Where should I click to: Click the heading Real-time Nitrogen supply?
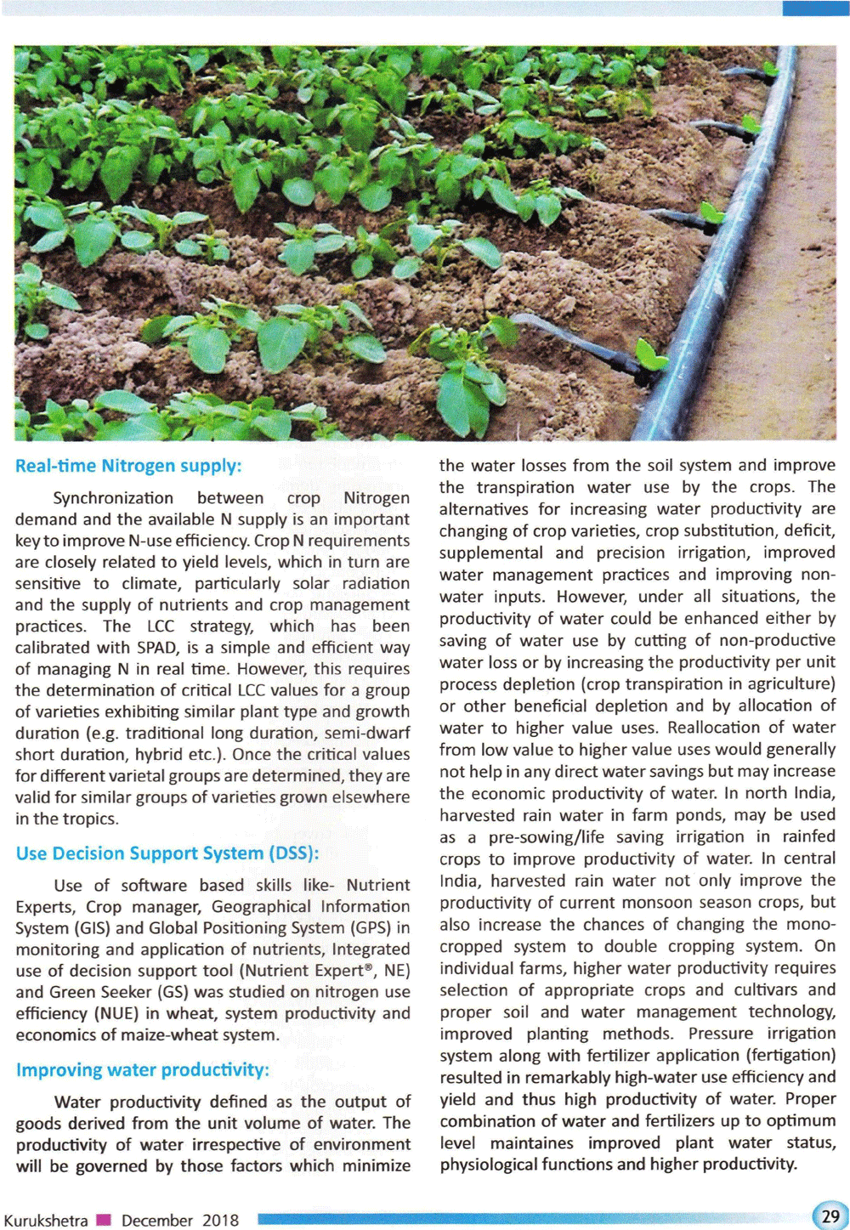[x=128, y=466]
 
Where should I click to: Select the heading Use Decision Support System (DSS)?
[x=167, y=853]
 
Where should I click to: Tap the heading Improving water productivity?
[x=143, y=1069]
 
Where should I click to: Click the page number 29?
[x=830, y=1216]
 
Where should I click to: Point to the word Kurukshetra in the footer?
[x=46, y=1221]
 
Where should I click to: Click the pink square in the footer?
[x=104, y=1221]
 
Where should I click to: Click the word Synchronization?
[x=113, y=498]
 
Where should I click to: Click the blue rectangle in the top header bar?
[x=815, y=8]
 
